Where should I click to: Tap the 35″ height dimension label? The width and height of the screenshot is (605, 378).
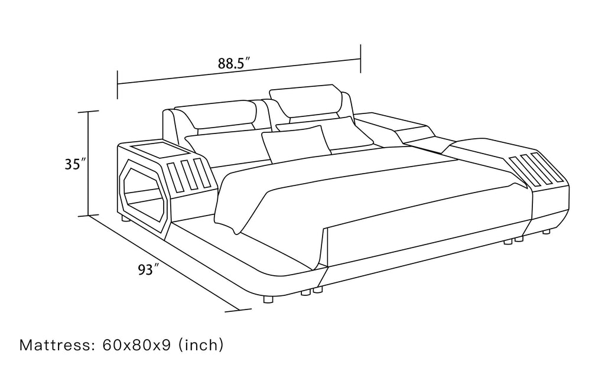[75, 164]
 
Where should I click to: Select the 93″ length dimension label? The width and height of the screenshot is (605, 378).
[149, 270]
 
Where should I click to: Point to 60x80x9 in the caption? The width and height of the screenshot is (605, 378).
[137, 344]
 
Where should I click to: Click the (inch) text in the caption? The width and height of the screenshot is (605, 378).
[201, 344]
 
